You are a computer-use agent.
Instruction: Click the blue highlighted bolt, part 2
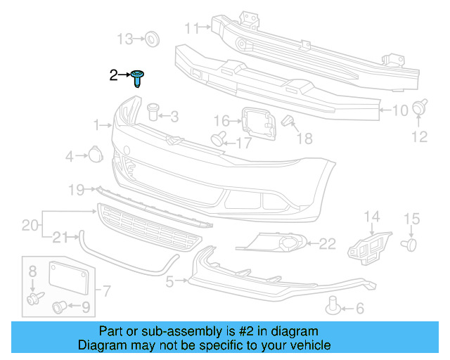pos(138,77)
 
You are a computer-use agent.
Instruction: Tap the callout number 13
pos(124,39)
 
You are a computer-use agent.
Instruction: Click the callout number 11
pos(192,28)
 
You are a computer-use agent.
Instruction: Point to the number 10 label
pos(399,110)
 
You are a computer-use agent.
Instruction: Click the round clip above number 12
pos(420,108)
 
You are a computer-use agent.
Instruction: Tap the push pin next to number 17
pos(219,138)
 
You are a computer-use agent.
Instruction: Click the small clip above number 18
pos(287,122)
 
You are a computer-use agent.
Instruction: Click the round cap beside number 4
pos(94,154)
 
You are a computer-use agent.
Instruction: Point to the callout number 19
pos(77,188)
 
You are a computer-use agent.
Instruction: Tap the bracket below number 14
pos(368,244)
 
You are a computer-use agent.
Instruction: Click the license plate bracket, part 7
pos(71,278)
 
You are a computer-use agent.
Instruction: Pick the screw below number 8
pos(32,300)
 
